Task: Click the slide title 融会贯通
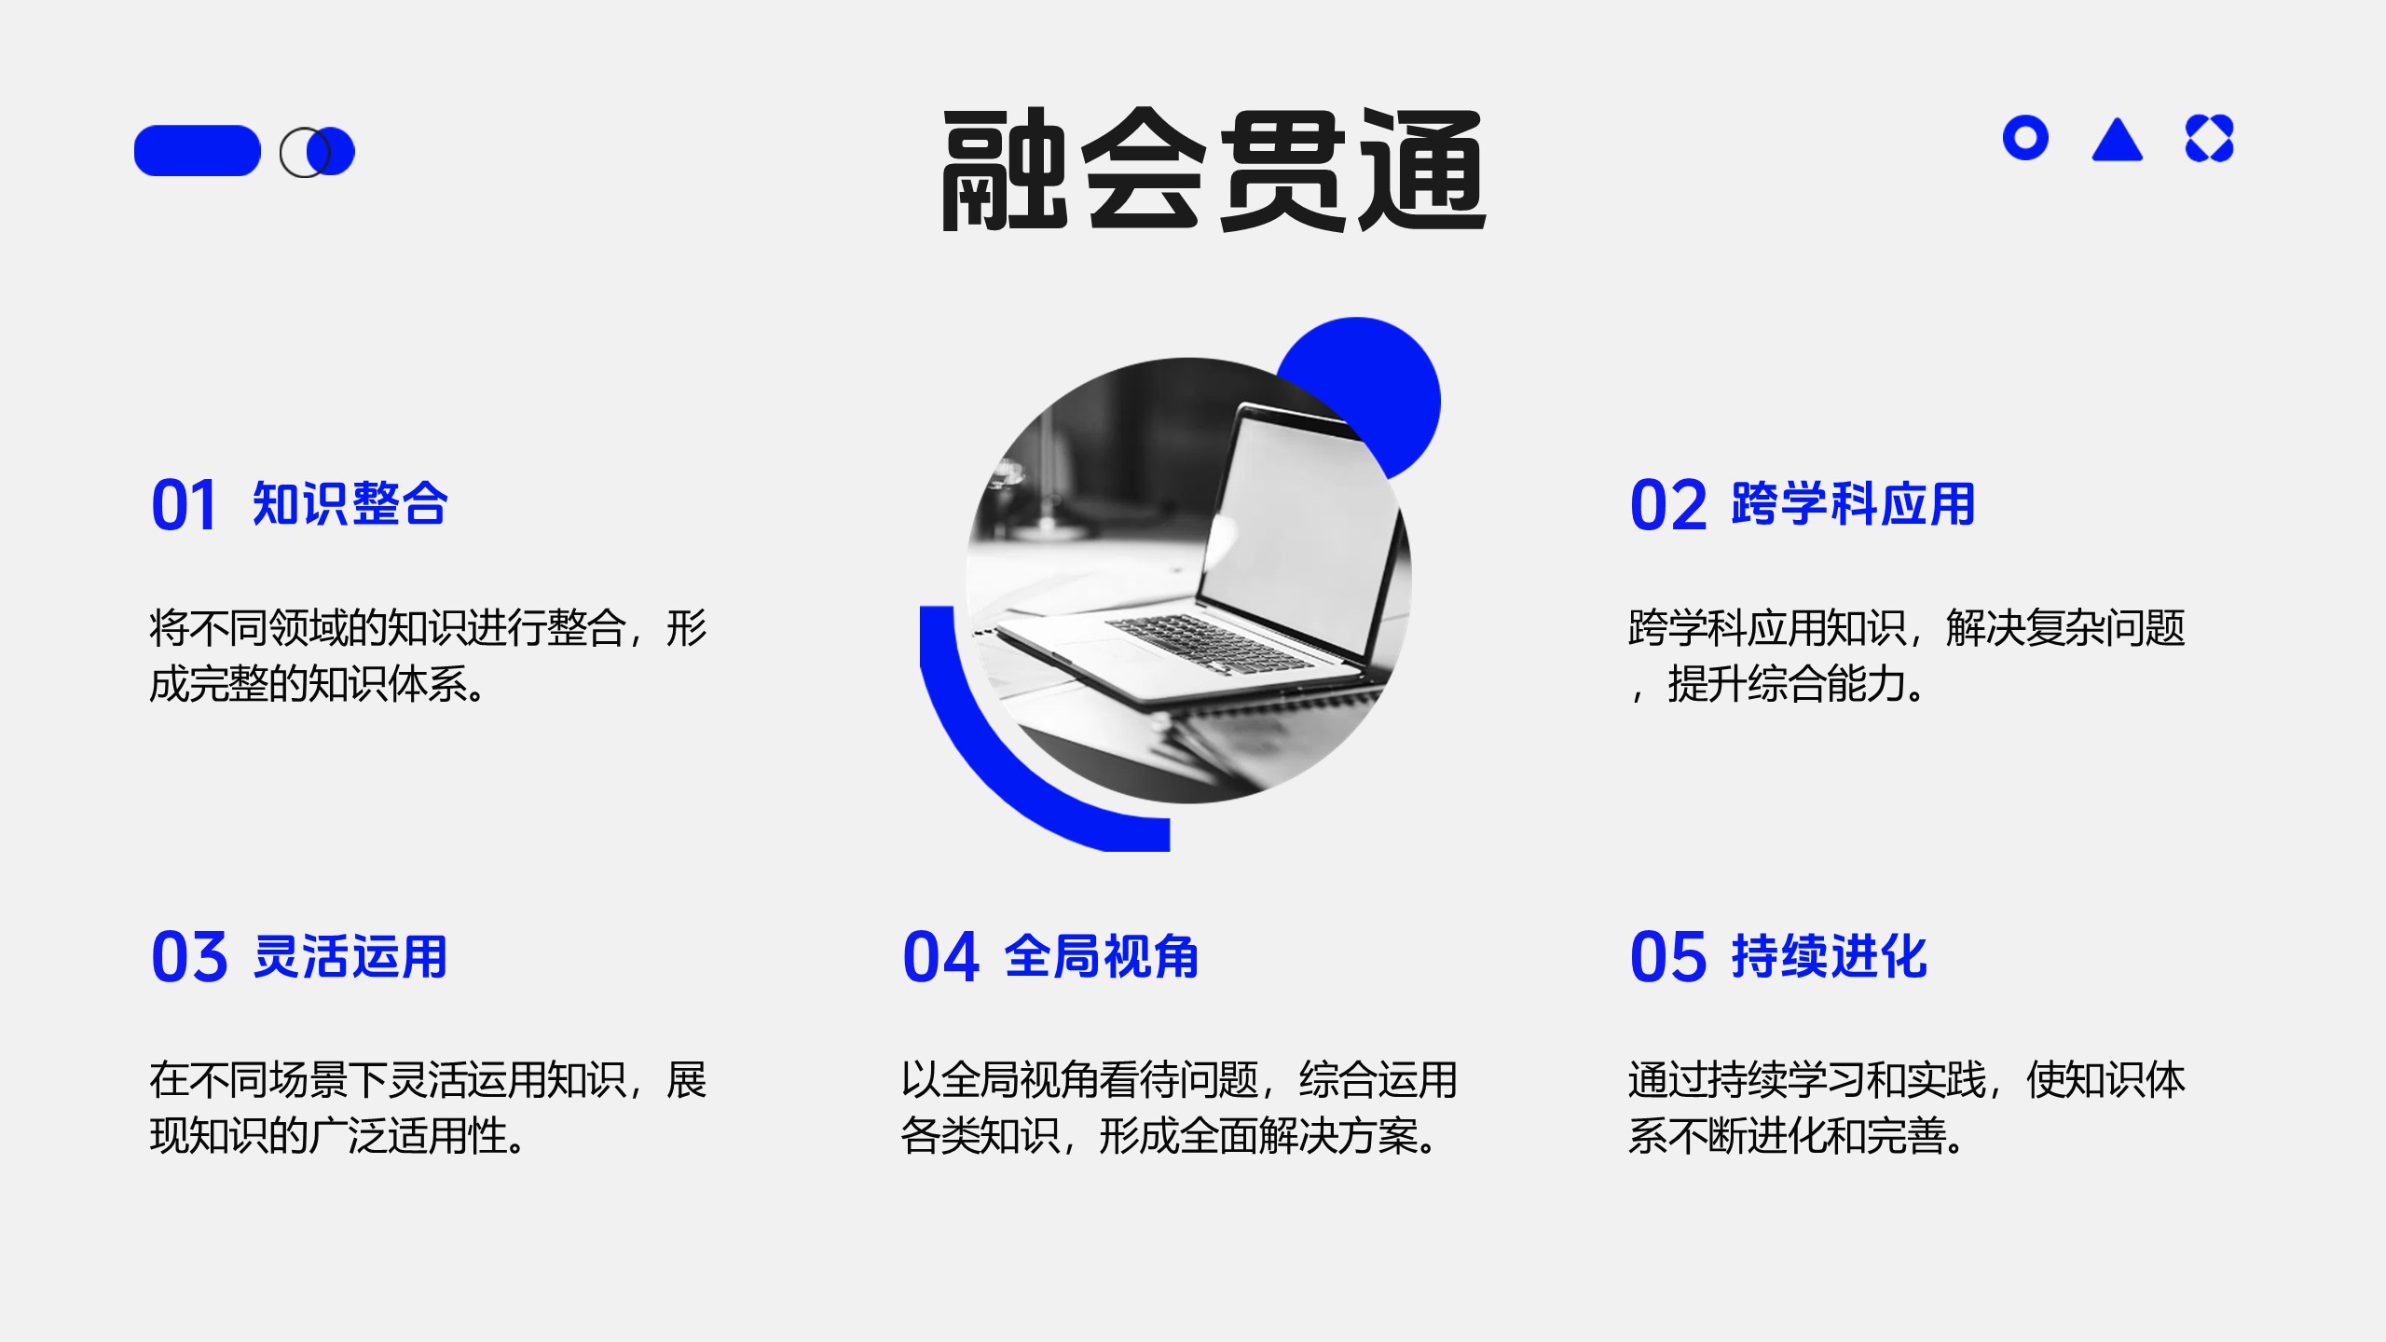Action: pos(1214,170)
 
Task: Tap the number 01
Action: pos(184,506)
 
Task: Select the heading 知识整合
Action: pos(350,504)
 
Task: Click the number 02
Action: pos(1668,506)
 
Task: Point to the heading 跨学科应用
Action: pos(1853,504)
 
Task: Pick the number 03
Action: pos(189,957)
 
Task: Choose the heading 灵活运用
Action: pos(350,956)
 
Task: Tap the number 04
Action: pos(941,957)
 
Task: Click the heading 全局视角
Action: pos(1102,956)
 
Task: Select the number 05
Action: pos(1668,957)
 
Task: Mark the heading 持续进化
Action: pos(1829,956)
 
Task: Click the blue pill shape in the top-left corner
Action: pos(198,150)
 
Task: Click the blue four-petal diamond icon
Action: pos(2210,139)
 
